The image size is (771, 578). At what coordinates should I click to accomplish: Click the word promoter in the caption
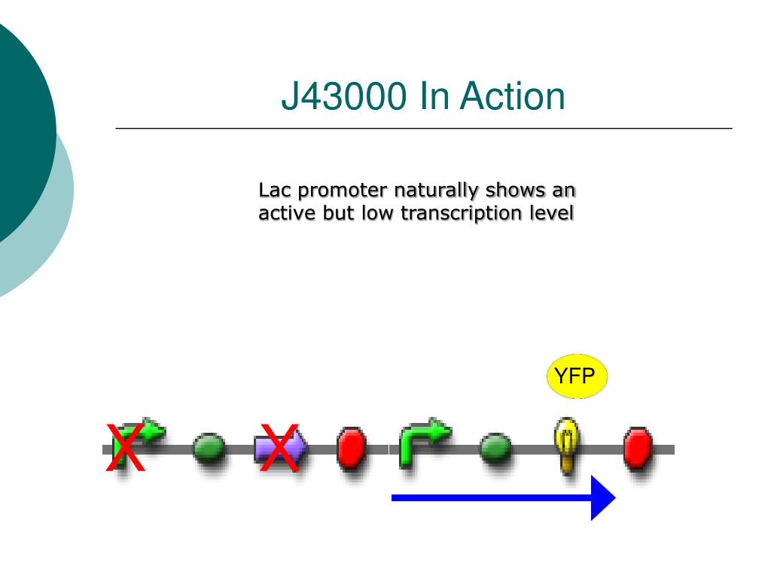point(343,190)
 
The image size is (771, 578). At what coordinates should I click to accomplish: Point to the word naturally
point(436,190)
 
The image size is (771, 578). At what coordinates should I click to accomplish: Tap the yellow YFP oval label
point(575,376)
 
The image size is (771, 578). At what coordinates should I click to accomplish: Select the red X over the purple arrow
point(279,449)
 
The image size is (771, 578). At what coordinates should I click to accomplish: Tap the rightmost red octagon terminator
point(638,449)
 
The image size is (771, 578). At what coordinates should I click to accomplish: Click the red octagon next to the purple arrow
point(350,449)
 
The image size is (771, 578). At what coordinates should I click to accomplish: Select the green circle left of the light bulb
point(495,449)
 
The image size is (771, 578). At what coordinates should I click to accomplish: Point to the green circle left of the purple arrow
point(209,448)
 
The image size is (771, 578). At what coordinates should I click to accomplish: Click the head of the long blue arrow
point(602,497)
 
